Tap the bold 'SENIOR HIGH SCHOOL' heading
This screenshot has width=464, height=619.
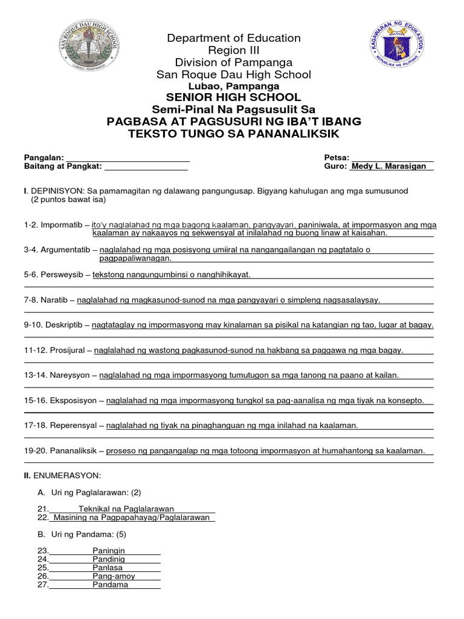(233, 98)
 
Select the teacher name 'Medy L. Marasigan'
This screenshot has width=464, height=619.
(388, 166)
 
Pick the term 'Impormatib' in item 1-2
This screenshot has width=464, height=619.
(61, 224)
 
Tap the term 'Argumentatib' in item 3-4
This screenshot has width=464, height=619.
(66, 249)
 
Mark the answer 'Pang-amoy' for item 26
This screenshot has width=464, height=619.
(114, 576)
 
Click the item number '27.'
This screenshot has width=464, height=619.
(42, 585)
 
